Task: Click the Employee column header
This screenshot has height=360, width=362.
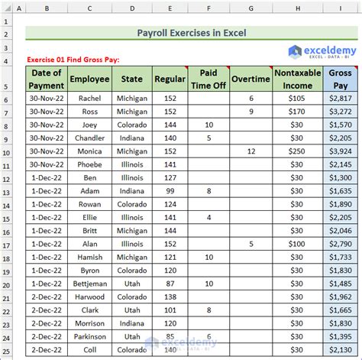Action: [89, 78]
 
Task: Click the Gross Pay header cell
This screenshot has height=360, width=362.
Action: [338, 78]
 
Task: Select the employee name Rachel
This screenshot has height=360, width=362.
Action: [89, 99]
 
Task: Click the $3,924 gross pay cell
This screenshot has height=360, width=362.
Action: [338, 151]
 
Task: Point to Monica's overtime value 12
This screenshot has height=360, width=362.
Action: [251, 151]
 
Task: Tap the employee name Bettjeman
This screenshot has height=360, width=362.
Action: [89, 284]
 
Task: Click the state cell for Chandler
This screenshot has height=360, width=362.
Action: [131, 138]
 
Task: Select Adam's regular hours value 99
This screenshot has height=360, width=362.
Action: [170, 191]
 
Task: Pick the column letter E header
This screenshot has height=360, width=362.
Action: [170, 9]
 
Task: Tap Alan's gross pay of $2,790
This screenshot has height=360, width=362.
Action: [338, 244]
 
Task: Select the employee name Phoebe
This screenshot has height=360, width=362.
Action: [89, 164]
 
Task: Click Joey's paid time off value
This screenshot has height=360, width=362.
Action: [208, 125]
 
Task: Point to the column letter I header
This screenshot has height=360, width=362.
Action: [338, 9]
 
